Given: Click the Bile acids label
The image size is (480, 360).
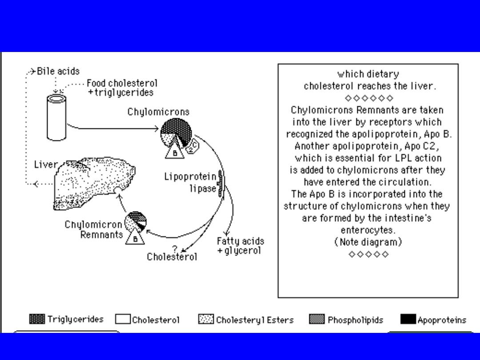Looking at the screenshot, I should coord(58,71).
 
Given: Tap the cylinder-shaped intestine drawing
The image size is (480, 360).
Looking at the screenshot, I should coord(57,116).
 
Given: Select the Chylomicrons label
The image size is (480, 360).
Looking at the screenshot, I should coord(158,112).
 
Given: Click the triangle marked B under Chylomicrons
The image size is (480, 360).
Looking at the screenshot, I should coord(175,150).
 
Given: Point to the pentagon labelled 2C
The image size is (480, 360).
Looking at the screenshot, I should coord(193,146).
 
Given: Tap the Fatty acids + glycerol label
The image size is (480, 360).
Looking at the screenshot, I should coord(240,246).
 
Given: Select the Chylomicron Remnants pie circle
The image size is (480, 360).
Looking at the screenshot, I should coord(136,222).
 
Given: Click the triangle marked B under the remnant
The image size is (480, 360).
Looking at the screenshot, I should coord(134,239).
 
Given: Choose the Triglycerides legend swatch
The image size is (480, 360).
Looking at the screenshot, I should coord(37,319).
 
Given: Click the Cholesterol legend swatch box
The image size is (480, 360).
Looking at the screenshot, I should coord(123,319).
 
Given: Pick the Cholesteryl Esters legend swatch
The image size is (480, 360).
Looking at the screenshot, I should coord(206,319).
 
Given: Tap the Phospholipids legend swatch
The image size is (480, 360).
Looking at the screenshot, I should coord(316,319).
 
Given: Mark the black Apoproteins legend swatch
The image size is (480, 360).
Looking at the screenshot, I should coord(408,319).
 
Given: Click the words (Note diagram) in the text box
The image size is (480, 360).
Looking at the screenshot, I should coord(368,242).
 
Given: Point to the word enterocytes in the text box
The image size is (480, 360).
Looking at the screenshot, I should coord(368,230).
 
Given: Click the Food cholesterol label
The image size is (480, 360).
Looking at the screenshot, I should coord(122,83).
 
